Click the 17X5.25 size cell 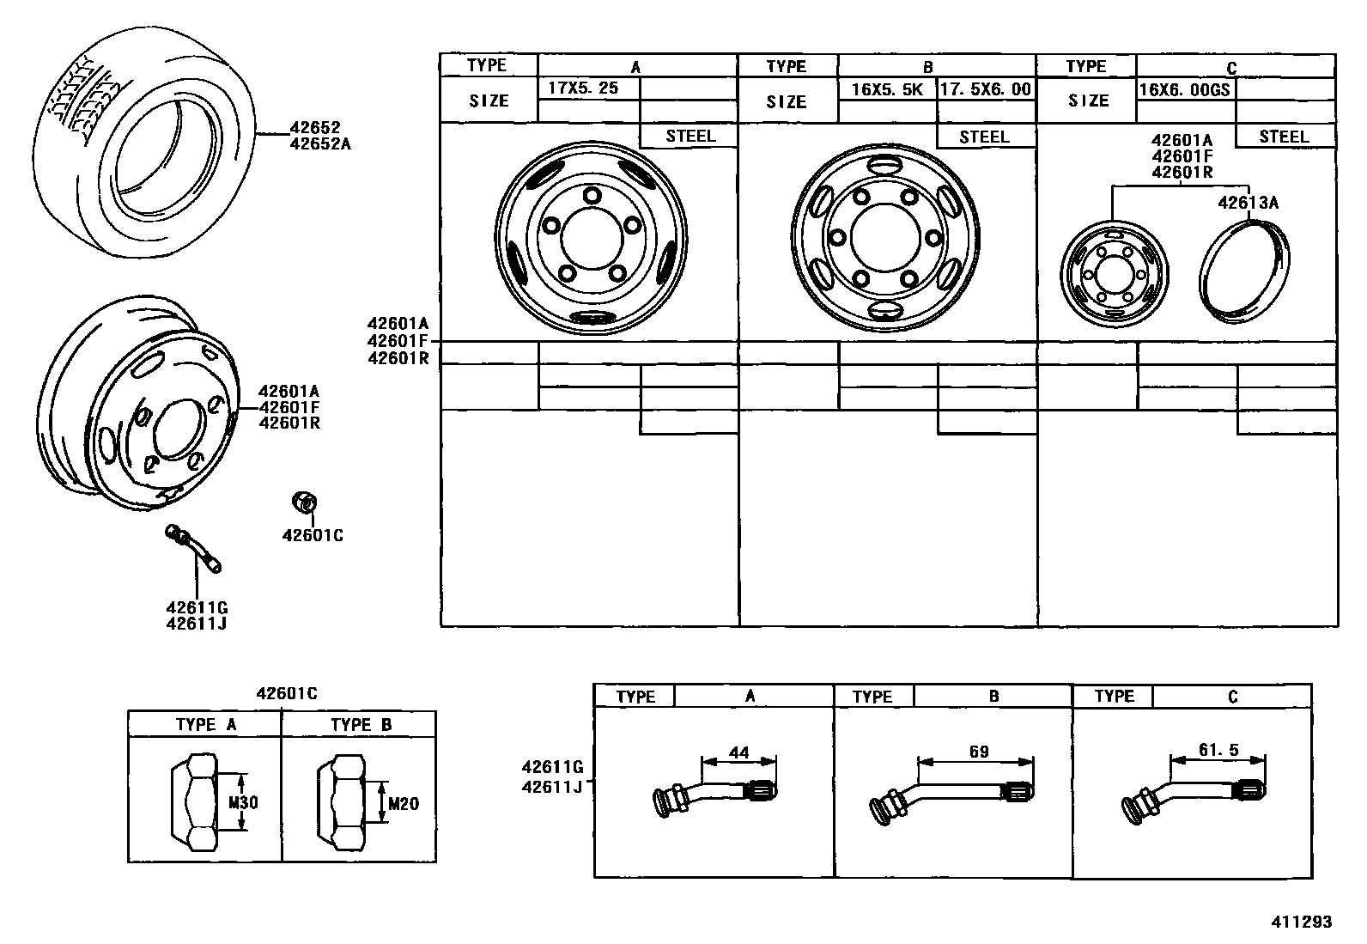(583, 88)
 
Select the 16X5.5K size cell (886, 88)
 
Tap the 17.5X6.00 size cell (985, 88)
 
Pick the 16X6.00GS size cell (1184, 89)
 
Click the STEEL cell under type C (1284, 137)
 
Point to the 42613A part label (1249, 203)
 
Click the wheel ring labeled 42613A (1242, 270)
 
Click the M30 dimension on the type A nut (243, 803)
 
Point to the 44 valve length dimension (738, 753)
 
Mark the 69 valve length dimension (978, 752)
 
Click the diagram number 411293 (1302, 922)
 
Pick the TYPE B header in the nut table (361, 724)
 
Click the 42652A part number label (320, 144)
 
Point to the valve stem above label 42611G (195, 547)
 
